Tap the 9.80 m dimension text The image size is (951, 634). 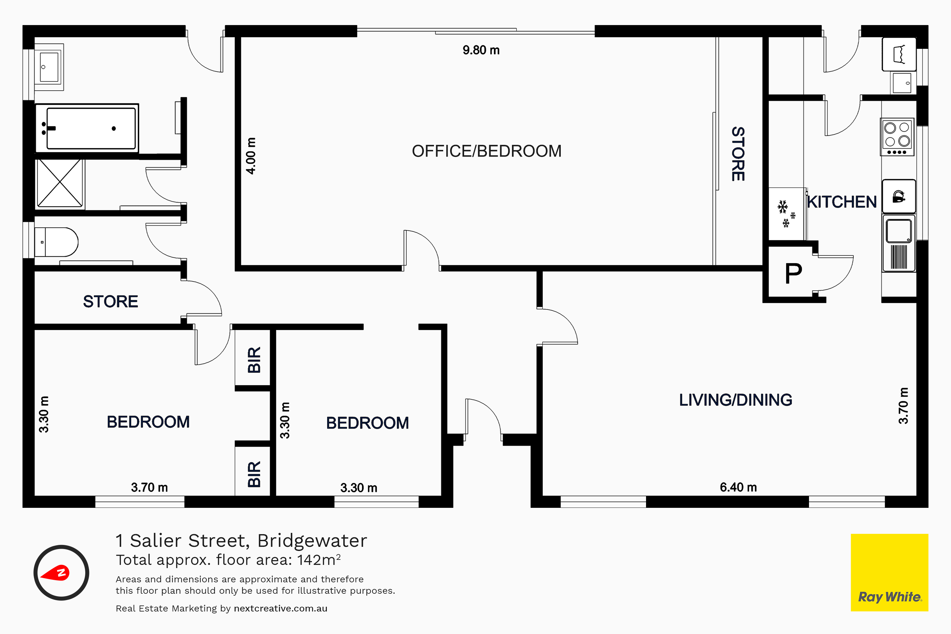point(481,50)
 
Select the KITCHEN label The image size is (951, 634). point(842,202)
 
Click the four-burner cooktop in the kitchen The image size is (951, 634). point(897,137)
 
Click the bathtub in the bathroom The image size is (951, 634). point(87,128)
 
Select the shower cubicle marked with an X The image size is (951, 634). point(60,183)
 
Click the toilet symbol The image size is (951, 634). point(56,242)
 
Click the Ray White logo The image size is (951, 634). point(890,573)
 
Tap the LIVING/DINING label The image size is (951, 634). point(735,400)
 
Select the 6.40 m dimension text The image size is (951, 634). point(738,487)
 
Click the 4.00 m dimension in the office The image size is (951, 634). point(251,156)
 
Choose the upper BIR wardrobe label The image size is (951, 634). point(254,360)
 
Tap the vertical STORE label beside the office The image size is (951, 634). point(738,154)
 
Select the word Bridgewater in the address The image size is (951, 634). point(312,540)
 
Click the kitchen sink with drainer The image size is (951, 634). point(899,244)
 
